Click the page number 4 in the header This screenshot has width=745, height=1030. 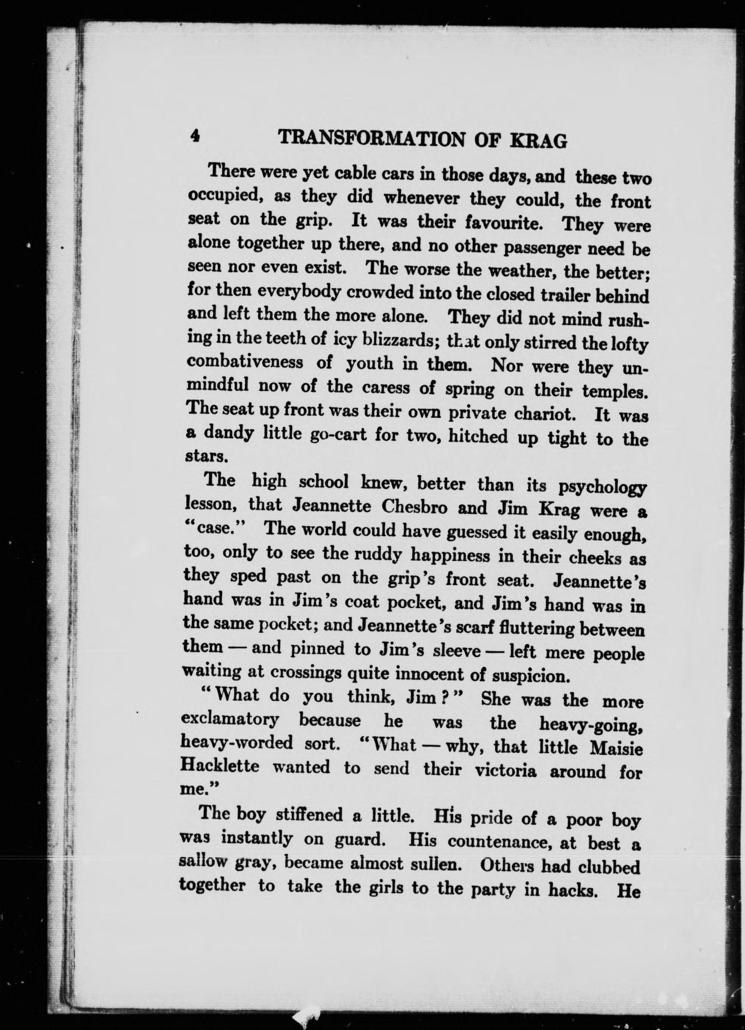point(195,135)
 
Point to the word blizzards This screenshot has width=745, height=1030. point(390,340)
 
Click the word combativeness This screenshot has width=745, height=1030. point(245,362)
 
